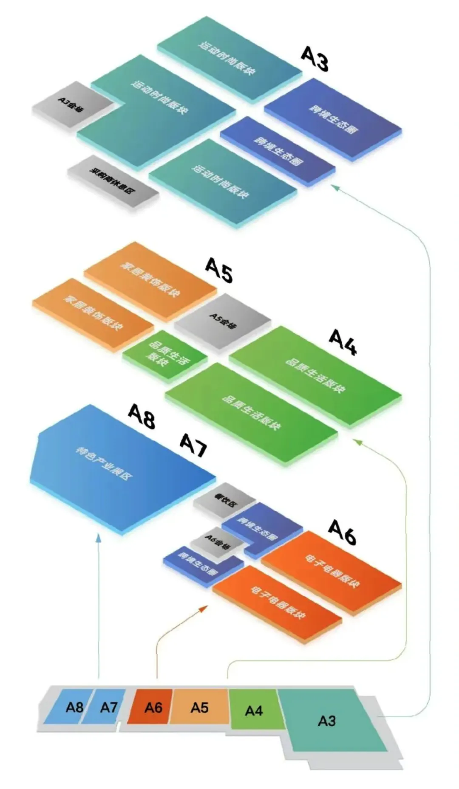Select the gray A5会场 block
223,321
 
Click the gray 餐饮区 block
224,500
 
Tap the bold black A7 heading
193,445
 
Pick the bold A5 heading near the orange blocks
219,270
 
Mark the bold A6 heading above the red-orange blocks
342,532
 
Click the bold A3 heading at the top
315,58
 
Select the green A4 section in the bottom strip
254,710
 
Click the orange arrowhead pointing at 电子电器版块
204,609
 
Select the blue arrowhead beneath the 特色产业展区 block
99,538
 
